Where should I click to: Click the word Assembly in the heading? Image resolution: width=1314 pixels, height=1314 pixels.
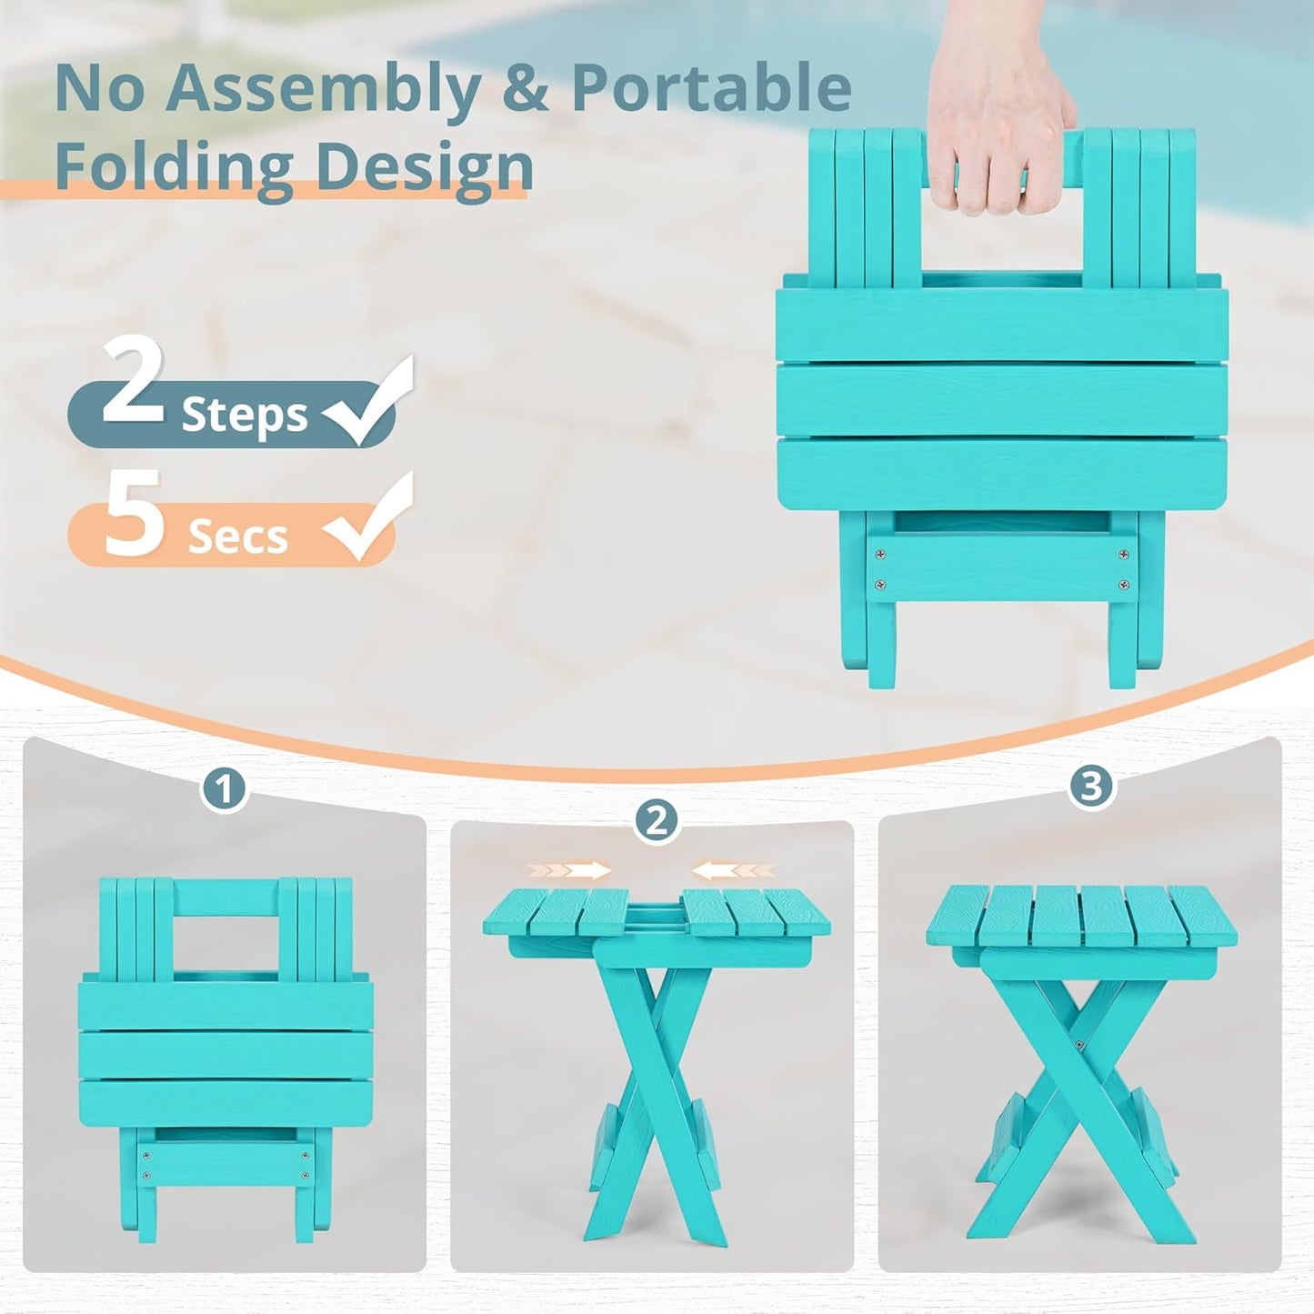tap(322, 90)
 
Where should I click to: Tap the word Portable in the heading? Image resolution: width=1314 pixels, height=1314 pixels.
tap(711, 88)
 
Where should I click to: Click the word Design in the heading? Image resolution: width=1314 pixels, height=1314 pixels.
tap(424, 167)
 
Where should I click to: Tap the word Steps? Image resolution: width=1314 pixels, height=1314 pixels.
tap(245, 416)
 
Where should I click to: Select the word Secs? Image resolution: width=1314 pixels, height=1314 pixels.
tap(237, 537)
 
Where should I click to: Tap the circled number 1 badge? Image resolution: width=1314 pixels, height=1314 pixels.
tap(224, 788)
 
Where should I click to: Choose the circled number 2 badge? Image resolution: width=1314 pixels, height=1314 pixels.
tap(657, 822)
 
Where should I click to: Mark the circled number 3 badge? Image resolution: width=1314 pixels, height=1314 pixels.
tap(1090, 786)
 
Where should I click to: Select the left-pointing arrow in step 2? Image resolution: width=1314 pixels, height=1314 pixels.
tap(733, 870)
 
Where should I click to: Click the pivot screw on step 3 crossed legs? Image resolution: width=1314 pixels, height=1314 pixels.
tap(1078, 1046)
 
